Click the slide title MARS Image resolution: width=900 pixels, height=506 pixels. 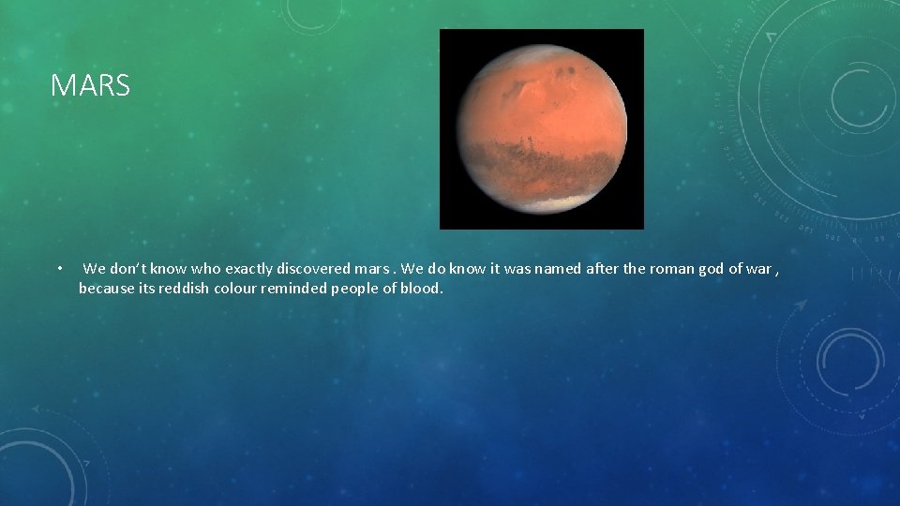90,86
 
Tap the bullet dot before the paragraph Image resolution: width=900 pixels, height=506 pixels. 58,270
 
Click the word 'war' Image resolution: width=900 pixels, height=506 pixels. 757,269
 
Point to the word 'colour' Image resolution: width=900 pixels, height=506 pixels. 234,289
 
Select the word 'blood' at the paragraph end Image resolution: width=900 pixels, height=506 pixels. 422,289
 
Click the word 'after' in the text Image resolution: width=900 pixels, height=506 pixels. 602,269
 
